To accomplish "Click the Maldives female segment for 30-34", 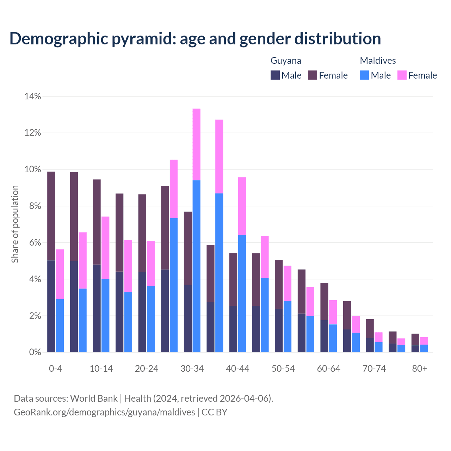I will [196, 144].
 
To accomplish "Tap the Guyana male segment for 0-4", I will [51, 306].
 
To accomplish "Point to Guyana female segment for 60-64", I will [324, 301].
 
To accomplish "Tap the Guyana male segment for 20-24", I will [142, 312].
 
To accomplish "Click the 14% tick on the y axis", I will [33, 96].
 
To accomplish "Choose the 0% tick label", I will [35, 352].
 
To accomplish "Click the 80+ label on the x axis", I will [420, 369].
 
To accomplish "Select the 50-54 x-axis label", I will [283, 369].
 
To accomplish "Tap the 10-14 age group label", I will [101, 369].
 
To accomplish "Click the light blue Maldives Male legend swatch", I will [364, 75].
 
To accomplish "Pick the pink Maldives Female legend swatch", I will [402, 75].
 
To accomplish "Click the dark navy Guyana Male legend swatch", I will [275, 75].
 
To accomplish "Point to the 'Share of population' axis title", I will [15, 224].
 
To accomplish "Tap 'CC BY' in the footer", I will [214, 412].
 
